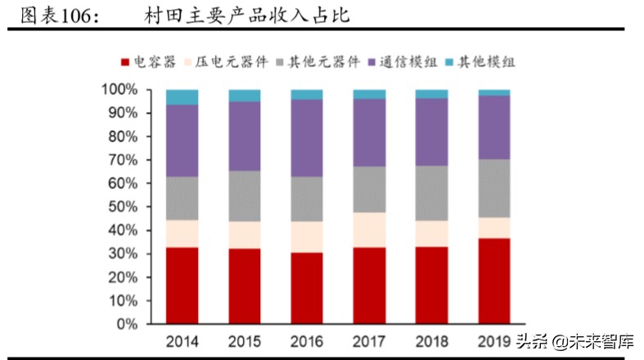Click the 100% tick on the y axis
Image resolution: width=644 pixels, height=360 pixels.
tap(120, 89)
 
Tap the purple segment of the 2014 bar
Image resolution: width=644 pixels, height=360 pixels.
tap(182, 140)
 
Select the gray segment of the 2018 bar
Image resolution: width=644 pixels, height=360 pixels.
tap(431, 193)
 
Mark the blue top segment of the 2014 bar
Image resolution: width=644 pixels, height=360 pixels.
tap(182, 97)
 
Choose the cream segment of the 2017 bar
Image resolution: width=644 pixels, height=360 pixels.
tap(369, 230)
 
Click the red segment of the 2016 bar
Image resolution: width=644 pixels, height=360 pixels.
tap(307, 288)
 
